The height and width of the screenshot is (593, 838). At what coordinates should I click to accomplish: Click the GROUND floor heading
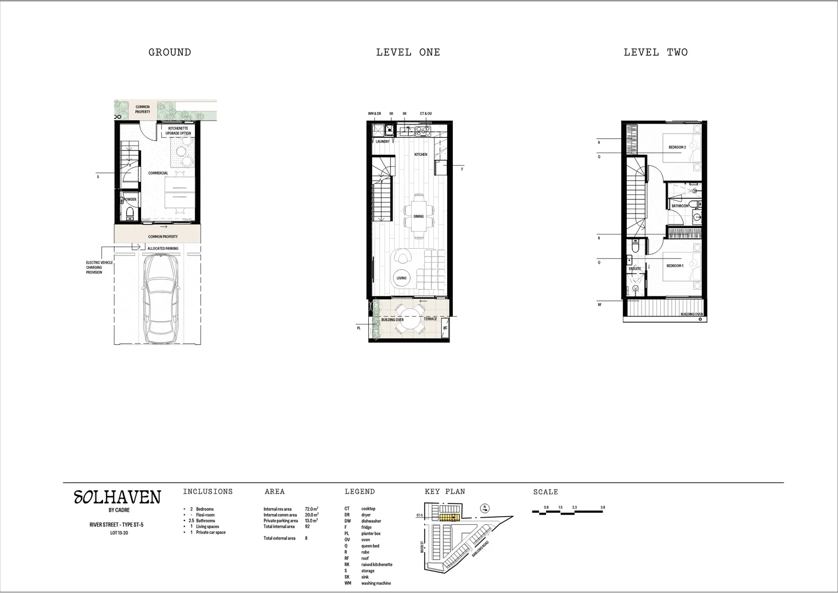click(x=170, y=53)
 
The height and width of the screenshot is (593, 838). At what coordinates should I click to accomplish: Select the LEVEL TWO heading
click(x=655, y=53)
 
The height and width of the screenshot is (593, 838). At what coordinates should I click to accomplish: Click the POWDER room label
click(x=130, y=200)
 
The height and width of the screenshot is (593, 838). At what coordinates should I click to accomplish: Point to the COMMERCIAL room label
click(x=158, y=174)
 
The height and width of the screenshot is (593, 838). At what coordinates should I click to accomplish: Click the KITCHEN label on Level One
click(x=420, y=155)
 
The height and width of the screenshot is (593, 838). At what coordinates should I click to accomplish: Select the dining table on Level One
click(x=419, y=216)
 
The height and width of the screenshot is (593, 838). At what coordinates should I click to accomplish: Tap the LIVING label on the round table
click(x=402, y=278)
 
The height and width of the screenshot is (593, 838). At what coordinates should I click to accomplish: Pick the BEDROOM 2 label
click(x=677, y=148)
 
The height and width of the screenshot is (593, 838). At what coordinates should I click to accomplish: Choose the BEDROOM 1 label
click(x=675, y=266)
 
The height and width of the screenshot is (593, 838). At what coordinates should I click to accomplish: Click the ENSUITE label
click(x=635, y=269)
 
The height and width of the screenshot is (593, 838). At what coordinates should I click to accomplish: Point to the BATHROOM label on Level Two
click(x=680, y=206)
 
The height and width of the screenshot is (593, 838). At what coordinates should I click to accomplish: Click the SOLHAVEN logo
click(x=117, y=498)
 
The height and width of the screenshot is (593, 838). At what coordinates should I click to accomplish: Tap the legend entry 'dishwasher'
click(x=371, y=521)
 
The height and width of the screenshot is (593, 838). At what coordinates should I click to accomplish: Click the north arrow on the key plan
click(x=484, y=508)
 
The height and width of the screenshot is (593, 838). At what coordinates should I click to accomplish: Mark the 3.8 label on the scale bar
click(x=603, y=507)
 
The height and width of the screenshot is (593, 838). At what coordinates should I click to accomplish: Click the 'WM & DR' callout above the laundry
click(x=374, y=114)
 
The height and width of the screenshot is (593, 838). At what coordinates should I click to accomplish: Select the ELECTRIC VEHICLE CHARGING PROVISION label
click(x=99, y=267)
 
